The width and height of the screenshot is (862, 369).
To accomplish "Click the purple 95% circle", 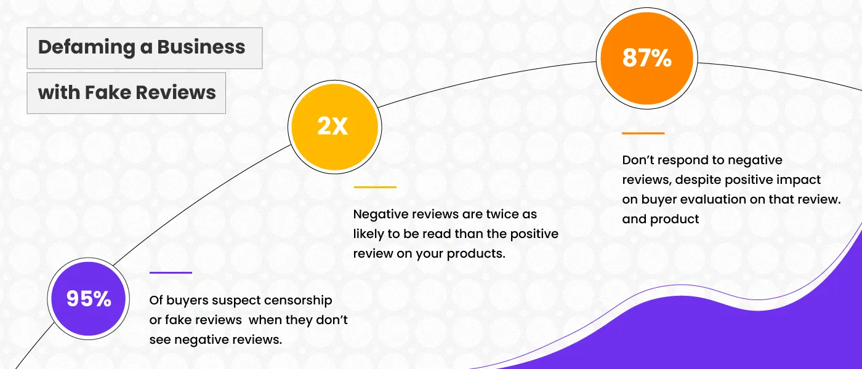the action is (x=89, y=299).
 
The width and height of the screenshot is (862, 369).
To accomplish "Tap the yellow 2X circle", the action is (x=334, y=127).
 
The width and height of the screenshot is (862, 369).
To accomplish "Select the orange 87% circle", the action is (x=647, y=58).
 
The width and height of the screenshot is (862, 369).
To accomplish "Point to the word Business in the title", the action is (x=201, y=47).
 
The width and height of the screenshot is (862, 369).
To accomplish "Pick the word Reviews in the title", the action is (x=176, y=93).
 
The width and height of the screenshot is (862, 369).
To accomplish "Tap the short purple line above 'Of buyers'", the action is (x=171, y=272).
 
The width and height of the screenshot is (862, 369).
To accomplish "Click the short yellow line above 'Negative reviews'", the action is (x=375, y=187).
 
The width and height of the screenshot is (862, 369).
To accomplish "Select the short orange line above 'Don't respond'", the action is (x=643, y=133).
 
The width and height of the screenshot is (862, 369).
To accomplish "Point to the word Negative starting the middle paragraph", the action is (x=381, y=215).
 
